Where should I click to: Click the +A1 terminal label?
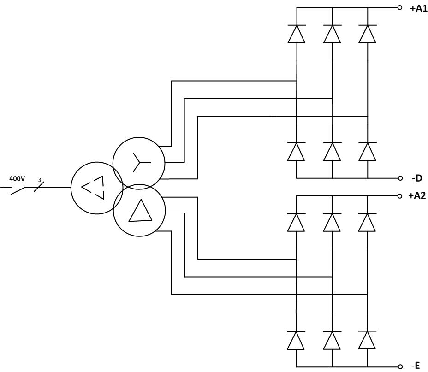[418, 9]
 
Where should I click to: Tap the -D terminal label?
[417, 178]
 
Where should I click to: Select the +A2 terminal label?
[417, 196]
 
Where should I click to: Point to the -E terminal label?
[416, 365]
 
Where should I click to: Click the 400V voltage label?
[17, 179]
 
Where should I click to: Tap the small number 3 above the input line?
[40, 180]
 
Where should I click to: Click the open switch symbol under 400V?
[18, 191]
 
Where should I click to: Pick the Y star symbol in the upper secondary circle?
[141, 162]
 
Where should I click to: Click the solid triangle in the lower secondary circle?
[140, 211]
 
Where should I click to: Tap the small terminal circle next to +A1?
[399, 8]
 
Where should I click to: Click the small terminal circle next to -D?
[400, 178]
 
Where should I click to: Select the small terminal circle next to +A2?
[400, 196]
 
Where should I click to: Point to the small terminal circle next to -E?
[400, 366]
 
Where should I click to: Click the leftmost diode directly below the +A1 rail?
[297, 34]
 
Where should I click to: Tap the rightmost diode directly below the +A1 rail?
[368, 34]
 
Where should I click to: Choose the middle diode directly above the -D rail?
[332, 151]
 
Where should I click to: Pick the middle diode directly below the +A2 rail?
[332, 222]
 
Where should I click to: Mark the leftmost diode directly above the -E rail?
[296, 340]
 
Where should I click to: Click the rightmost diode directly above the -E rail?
[367, 340]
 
